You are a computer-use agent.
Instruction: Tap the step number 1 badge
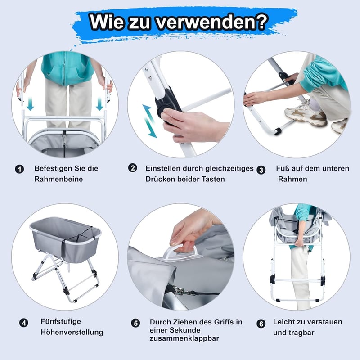tap(19, 169)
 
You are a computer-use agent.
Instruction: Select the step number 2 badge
tap(132, 168)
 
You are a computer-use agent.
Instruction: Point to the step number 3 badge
tap(261, 170)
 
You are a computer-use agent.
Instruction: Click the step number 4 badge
tap(24, 323)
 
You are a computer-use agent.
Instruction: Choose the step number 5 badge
tap(135, 323)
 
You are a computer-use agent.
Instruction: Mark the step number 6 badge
tap(261, 324)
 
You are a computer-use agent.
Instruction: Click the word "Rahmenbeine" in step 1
tap(58, 179)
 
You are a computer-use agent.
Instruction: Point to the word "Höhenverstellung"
tap(72, 332)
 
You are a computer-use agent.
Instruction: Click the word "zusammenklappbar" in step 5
tap(184, 338)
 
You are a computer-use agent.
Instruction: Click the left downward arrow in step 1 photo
tap(30, 104)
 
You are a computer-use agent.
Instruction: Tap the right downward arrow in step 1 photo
tap(99, 104)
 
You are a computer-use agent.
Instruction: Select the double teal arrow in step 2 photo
tap(149, 121)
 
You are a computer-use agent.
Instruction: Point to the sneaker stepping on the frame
tap(306, 114)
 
